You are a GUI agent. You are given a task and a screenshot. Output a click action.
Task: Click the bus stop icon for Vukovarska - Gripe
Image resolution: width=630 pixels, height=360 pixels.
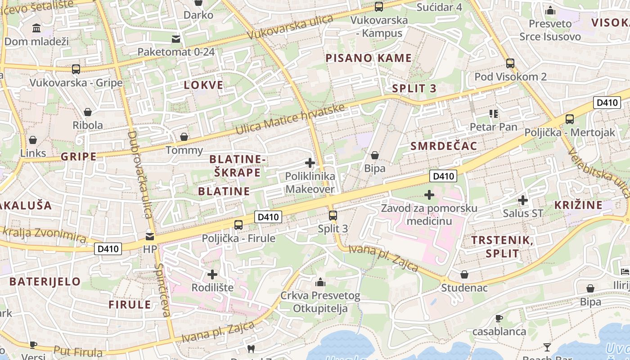[x=76, y=69]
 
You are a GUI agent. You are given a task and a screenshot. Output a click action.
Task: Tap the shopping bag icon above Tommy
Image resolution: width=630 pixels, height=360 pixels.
[x=184, y=137]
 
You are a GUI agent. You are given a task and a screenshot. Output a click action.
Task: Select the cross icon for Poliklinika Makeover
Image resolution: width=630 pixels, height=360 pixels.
[x=310, y=163]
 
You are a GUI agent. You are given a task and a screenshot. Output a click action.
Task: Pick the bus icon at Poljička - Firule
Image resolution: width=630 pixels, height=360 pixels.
[x=238, y=225]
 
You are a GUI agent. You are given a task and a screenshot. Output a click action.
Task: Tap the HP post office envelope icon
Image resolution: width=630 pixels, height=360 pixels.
[x=150, y=235]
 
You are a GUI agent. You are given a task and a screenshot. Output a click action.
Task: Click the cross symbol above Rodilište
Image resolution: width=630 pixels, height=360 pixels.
[x=212, y=274]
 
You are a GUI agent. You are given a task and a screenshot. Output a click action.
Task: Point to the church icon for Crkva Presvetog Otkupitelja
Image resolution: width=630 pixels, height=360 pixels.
[x=320, y=282]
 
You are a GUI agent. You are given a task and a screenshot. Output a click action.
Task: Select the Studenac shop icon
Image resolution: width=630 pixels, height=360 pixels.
[x=464, y=274]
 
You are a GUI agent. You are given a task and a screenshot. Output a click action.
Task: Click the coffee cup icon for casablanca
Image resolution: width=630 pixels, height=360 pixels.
[x=499, y=319]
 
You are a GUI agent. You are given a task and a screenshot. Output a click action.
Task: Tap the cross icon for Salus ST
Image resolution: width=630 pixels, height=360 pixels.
[x=523, y=200]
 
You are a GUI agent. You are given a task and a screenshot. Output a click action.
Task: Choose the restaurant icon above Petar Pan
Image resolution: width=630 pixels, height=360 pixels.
[x=494, y=114]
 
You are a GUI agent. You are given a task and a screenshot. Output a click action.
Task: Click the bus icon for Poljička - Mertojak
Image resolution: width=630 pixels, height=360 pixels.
[x=570, y=119]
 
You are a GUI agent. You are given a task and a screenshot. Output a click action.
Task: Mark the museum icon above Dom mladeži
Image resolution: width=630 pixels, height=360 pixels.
[x=36, y=28]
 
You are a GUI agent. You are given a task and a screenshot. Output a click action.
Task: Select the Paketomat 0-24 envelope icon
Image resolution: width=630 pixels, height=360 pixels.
[x=176, y=39]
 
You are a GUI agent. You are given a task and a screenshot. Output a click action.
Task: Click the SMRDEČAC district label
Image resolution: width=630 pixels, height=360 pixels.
[x=444, y=146]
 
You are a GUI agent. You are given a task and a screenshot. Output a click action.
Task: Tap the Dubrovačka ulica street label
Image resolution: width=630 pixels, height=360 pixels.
[x=140, y=175]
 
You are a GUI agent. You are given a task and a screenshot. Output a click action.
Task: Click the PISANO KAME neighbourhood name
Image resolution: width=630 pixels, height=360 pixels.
[x=369, y=58]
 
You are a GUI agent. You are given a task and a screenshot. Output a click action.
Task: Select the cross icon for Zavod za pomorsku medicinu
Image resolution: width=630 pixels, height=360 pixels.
[x=429, y=195]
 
